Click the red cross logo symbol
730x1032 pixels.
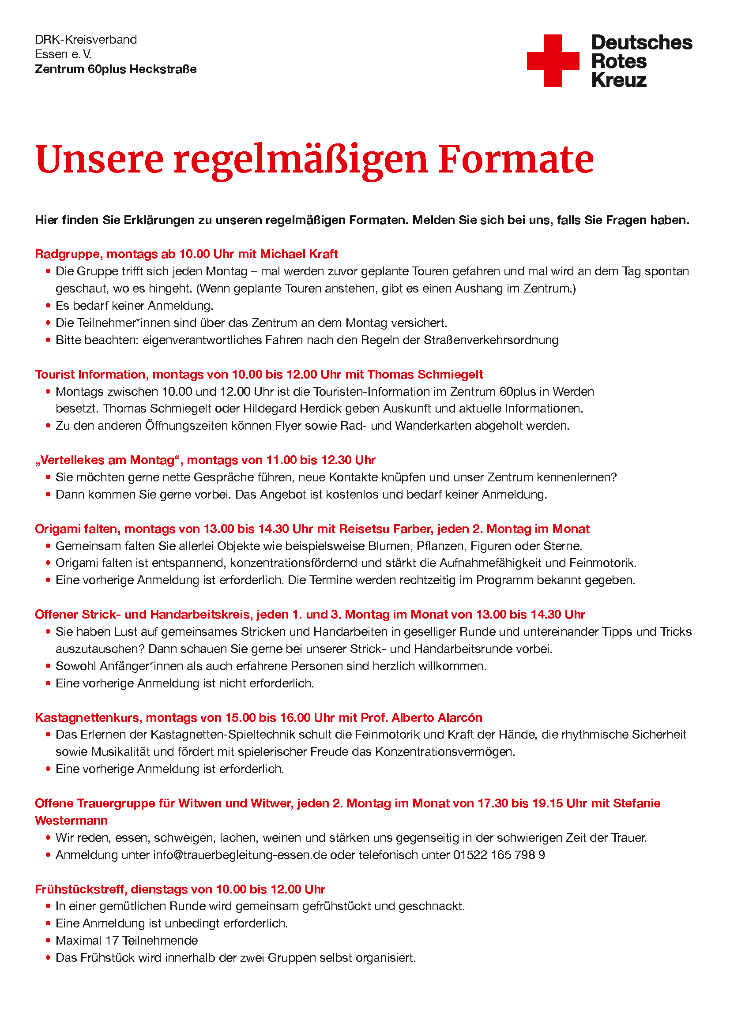(x=553, y=61)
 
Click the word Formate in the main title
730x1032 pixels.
(x=516, y=160)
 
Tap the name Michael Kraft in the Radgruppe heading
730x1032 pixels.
(x=299, y=255)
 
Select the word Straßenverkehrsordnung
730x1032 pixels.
(x=491, y=340)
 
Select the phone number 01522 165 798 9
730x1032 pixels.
(x=499, y=855)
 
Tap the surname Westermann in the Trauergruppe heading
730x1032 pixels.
(x=71, y=821)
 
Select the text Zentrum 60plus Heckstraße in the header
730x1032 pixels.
(x=116, y=69)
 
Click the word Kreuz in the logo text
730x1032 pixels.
(x=619, y=80)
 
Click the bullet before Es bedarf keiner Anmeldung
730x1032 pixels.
(x=48, y=306)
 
